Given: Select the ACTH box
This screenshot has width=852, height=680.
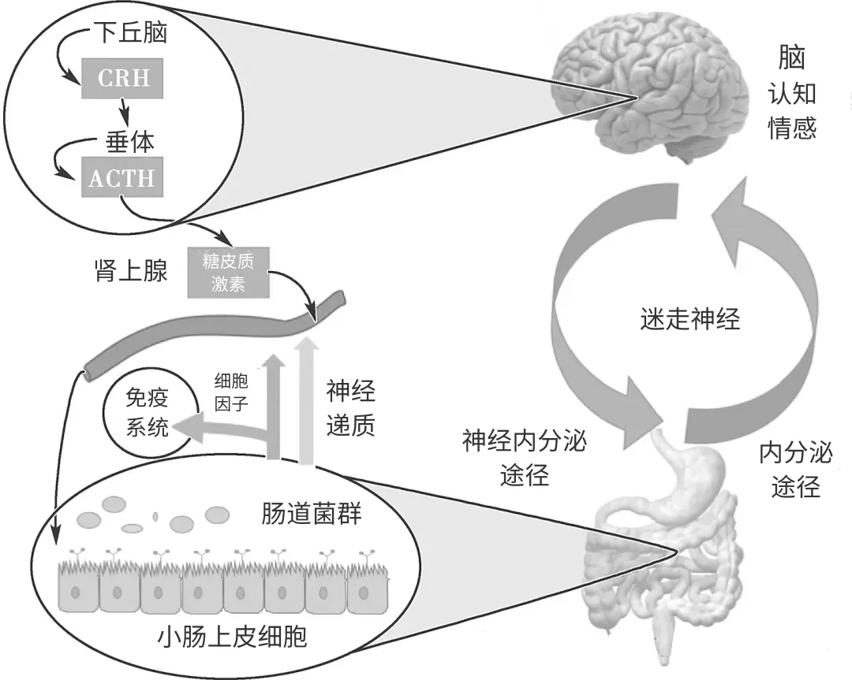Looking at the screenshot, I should point(121,177).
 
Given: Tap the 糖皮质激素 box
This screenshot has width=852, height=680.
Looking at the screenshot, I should point(228,273).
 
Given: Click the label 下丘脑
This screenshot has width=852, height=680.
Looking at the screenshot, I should point(131,33).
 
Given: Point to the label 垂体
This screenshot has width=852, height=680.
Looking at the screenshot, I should point(130,141).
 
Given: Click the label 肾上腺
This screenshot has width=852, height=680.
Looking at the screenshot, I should point(129,272).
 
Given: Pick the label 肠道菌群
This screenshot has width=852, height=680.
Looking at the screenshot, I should point(312,515).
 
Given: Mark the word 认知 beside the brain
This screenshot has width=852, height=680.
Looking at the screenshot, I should point(792,95).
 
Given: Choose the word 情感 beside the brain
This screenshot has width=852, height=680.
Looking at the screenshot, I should point(792,129).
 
